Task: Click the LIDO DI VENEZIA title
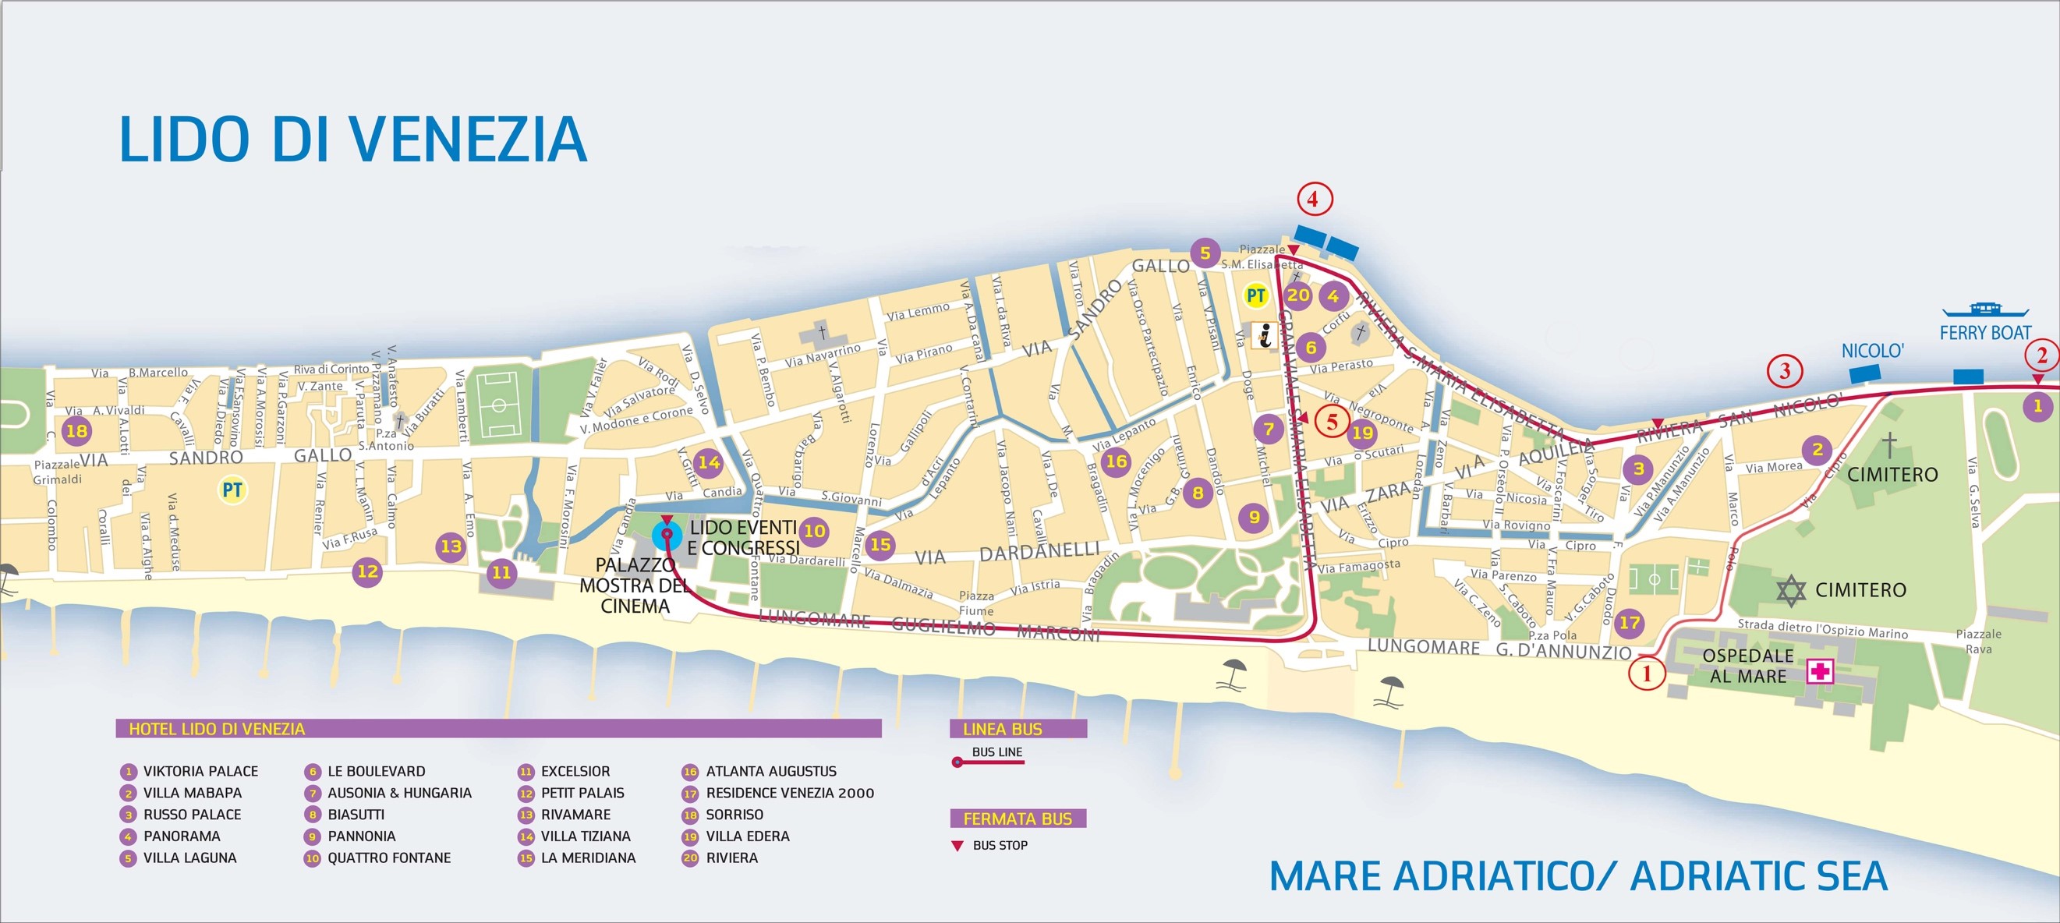pos(352,140)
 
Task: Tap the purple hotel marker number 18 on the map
pos(76,431)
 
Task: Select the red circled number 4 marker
pos(1315,199)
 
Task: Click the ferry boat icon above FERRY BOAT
pos(1985,309)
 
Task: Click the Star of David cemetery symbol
pos(1791,591)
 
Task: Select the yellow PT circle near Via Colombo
pos(232,490)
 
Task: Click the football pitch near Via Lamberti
pos(499,405)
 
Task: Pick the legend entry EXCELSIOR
pos(575,772)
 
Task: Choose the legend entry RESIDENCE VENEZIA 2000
pos(789,794)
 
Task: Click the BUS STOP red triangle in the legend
pos(957,845)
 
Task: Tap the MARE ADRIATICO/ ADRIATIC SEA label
pos(1578,875)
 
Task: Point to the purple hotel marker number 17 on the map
pos(1629,622)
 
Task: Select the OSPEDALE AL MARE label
pos(1747,666)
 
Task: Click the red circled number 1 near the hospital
pos(1647,674)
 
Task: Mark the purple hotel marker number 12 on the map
pos(367,571)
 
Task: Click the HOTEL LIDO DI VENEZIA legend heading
pos(217,729)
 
